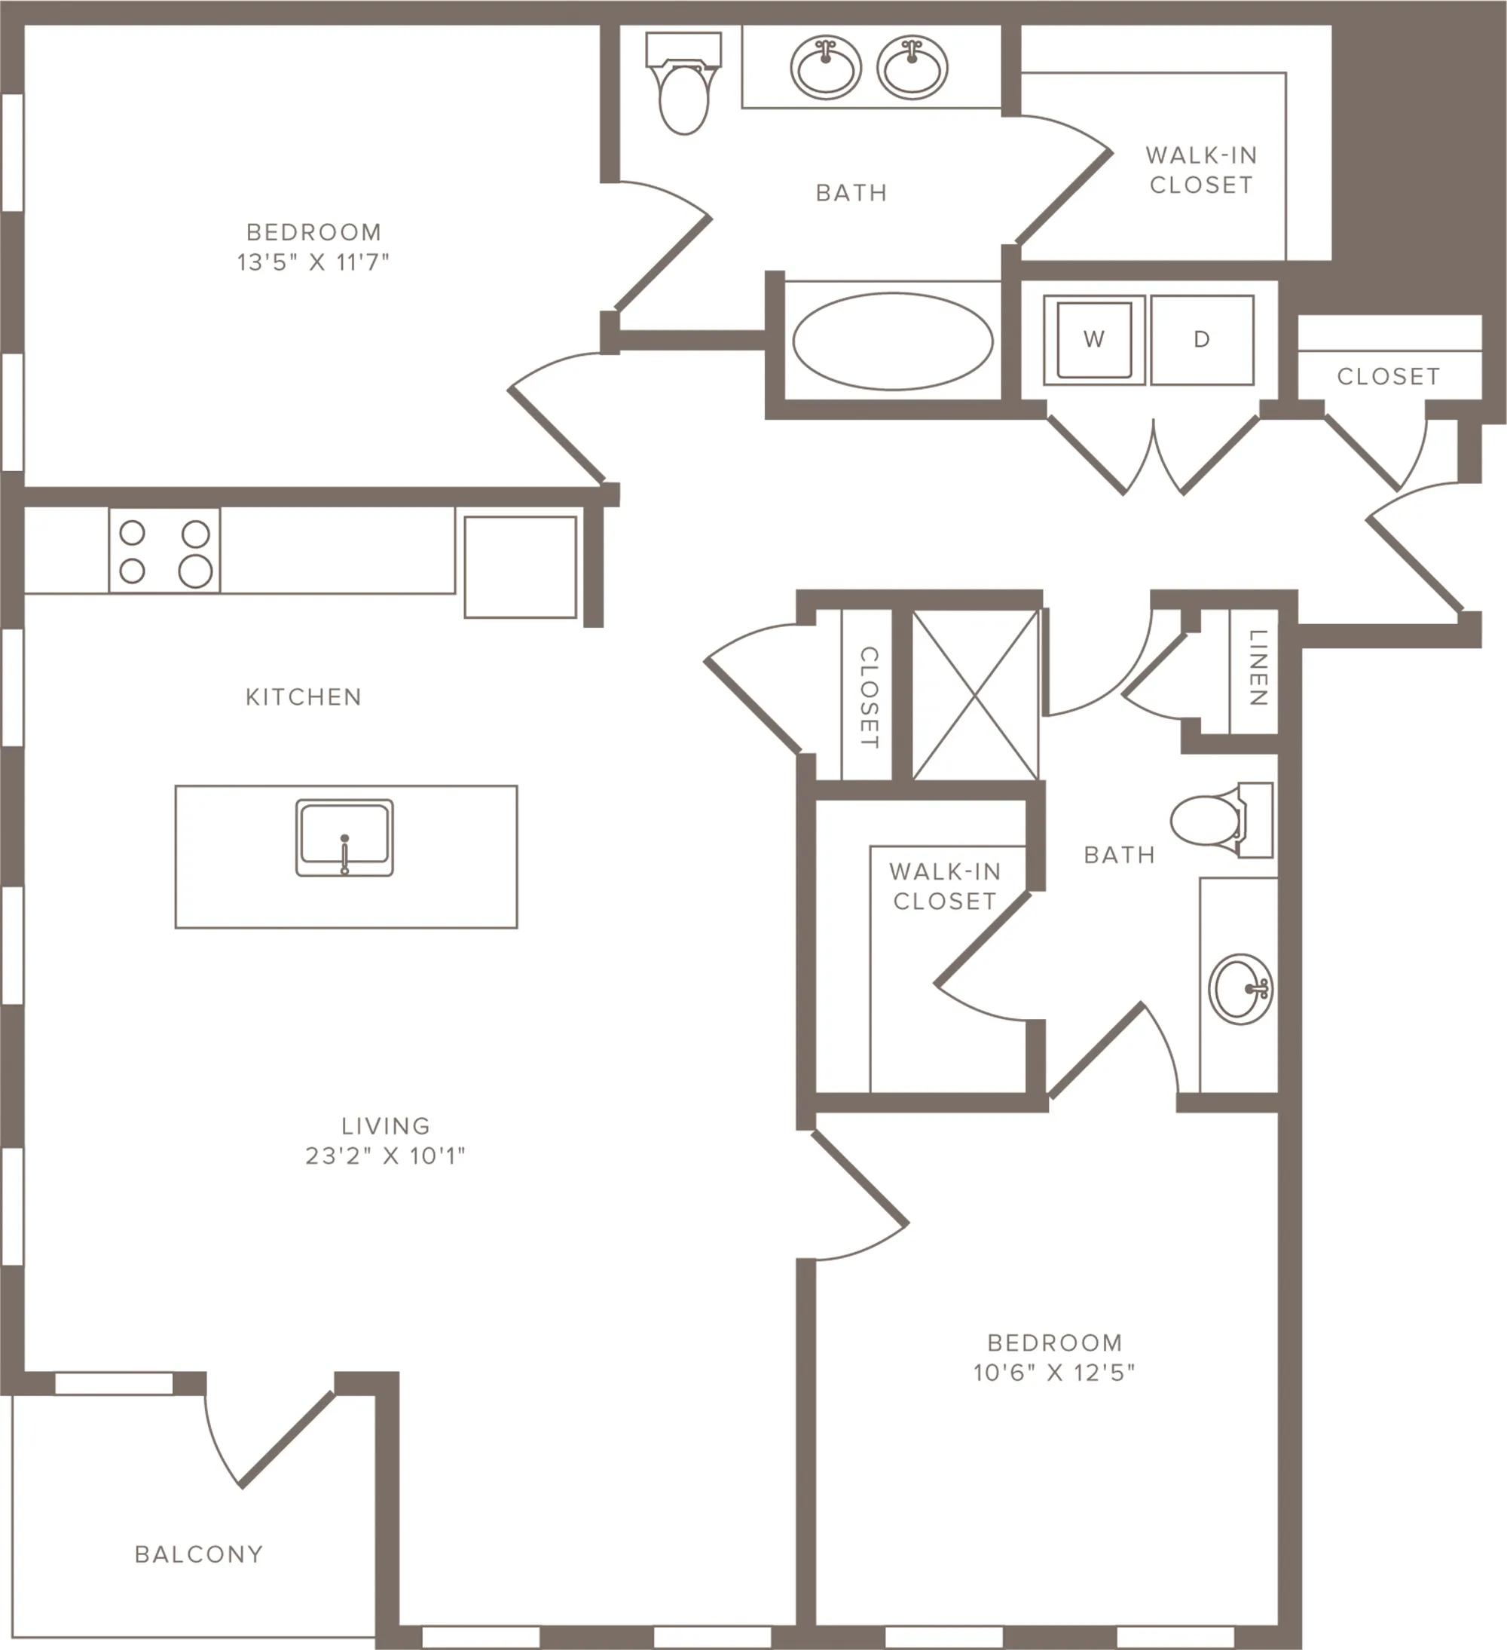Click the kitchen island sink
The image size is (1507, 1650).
point(344,837)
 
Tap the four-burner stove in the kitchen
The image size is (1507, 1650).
point(164,550)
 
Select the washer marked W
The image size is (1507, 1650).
point(1094,340)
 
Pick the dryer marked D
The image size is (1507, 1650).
point(1202,340)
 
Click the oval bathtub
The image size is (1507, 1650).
point(893,341)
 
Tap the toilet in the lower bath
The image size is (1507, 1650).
point(1221,819)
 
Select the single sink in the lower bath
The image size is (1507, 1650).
point(1240,989)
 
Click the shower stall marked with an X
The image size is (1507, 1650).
point(975,695)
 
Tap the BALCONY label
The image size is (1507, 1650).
point(199,1554)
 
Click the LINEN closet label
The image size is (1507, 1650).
point(1258,667)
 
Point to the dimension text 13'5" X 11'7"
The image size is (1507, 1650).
point(313,262)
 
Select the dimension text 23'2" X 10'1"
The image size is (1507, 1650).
point(385,1156)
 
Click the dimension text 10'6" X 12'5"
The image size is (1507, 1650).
point(1055,1373)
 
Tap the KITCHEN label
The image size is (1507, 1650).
point(304,696)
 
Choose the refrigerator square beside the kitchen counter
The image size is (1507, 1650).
point(521,566)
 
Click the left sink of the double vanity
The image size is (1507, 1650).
point(826,67)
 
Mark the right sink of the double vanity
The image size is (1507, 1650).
point(912,67)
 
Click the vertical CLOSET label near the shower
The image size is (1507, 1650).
point(869,697)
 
